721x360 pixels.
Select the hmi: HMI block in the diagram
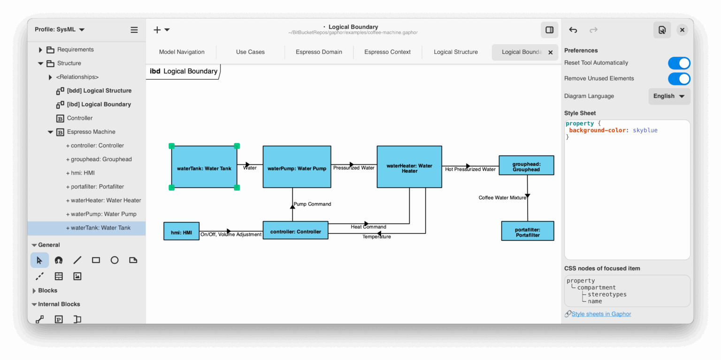click(181, 231)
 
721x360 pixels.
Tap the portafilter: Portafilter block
click(528, 231)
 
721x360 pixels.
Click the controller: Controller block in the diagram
click(295, 230)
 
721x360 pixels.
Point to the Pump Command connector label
click(312, 204)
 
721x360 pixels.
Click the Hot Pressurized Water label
click(470, 169)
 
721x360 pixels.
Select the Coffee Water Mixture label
click(502, 198)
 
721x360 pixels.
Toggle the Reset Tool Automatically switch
click(679, 63)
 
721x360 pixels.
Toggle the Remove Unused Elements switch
click(679, 78)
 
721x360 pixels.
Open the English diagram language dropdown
click(669, 96)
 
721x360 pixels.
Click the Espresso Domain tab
click(319, 52)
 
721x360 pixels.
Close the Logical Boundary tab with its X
click(551, 53)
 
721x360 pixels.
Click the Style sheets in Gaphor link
click(601, 314)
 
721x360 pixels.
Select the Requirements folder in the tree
click(75, 49)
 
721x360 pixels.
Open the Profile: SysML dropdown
click(60, 30)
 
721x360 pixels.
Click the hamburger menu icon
click(134, 30)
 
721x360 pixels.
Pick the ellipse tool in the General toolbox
click(115, 260)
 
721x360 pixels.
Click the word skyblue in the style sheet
click(645, 130)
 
